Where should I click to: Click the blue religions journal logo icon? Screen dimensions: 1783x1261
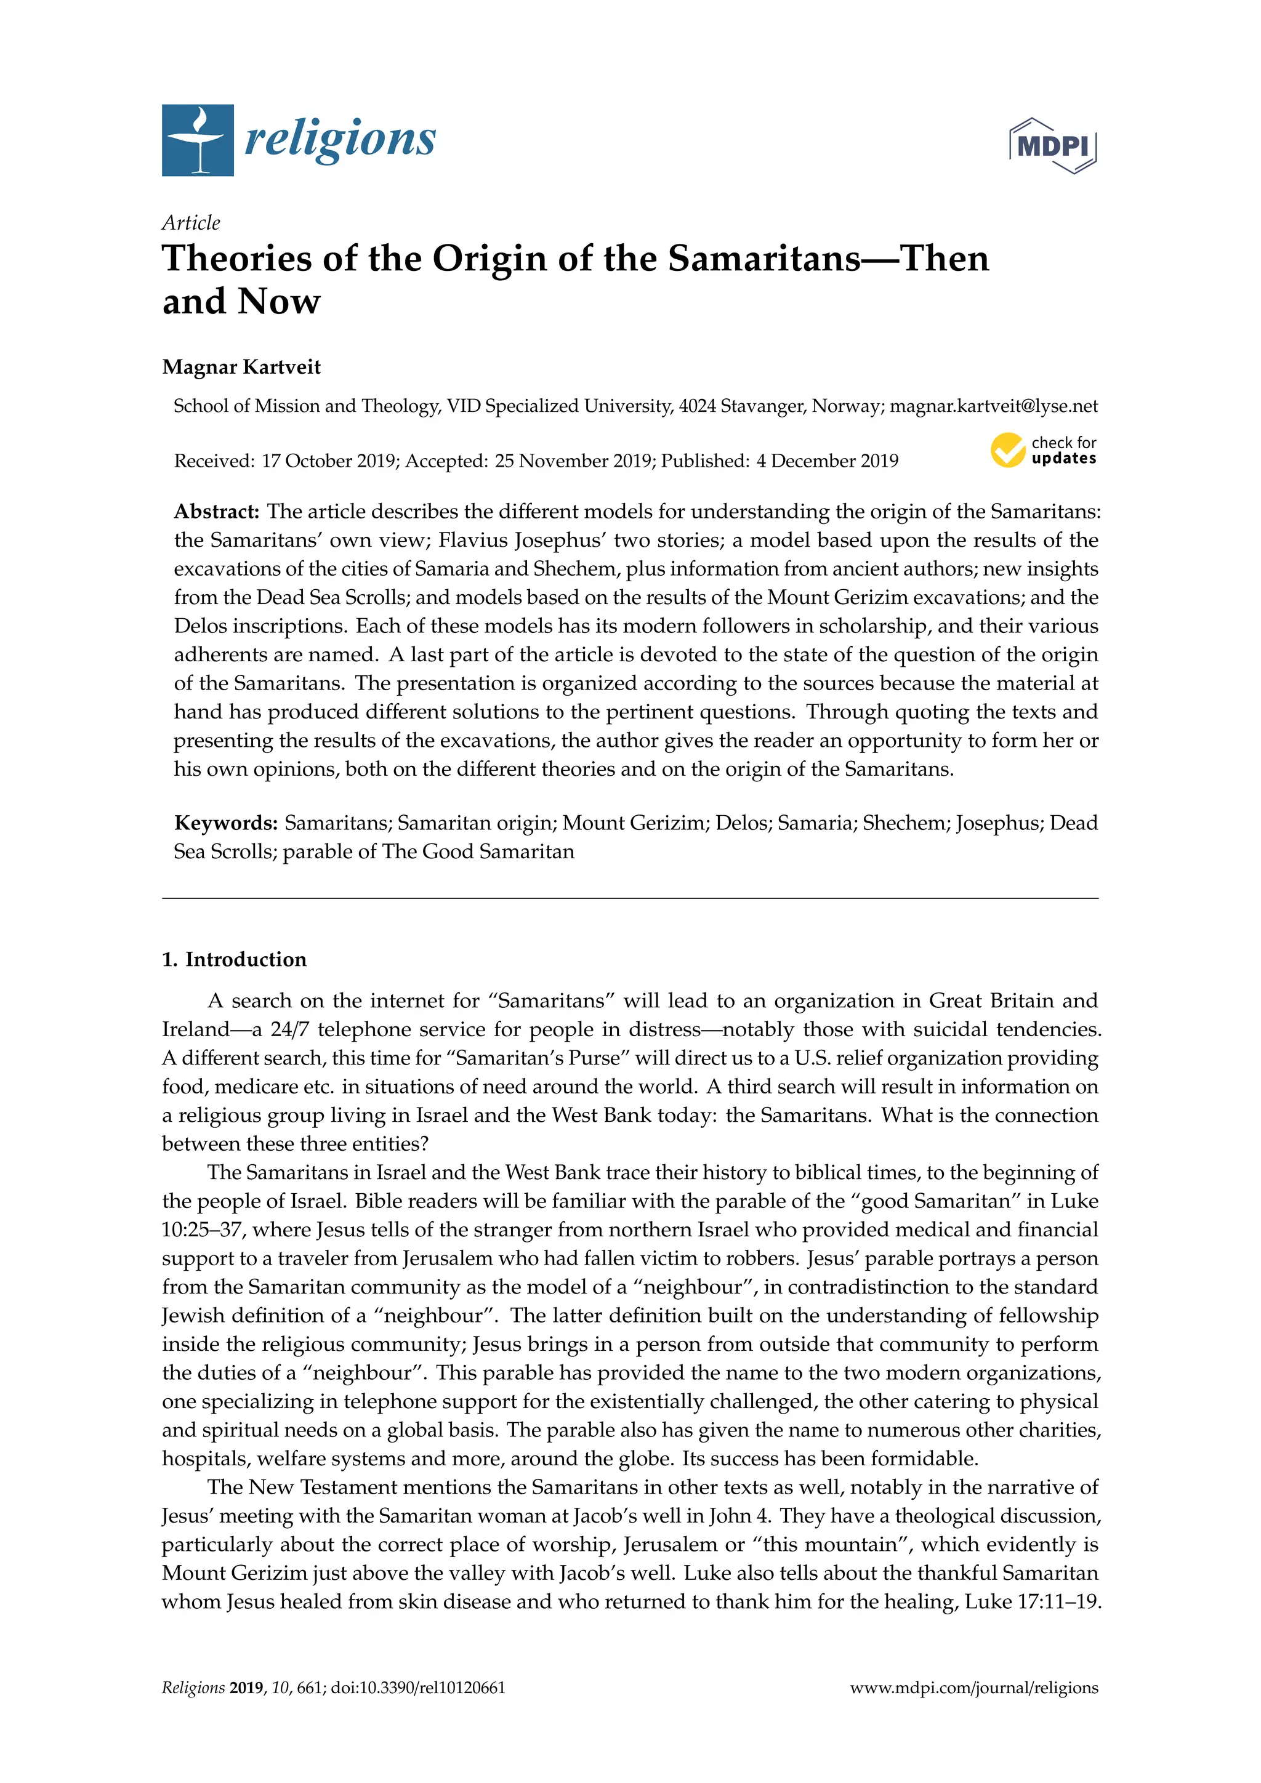point(197,140)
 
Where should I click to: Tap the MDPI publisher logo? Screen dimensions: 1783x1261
point(1053,145)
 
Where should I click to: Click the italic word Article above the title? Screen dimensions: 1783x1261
point(191,223)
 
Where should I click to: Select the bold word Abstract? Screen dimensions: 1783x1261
point(217,511)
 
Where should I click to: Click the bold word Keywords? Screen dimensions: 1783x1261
point(226,823)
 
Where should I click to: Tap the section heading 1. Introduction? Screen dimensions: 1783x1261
point(234,959)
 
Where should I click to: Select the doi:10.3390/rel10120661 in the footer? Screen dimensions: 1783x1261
point(417,1688)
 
